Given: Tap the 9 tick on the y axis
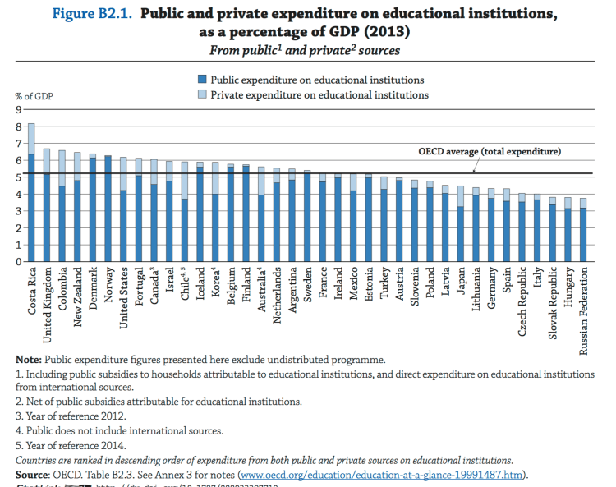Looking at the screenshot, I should click(x=16, y=110).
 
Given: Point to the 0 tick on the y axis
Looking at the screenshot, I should click(x=16, y=262).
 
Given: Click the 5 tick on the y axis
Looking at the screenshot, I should click(x=16, y=177).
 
